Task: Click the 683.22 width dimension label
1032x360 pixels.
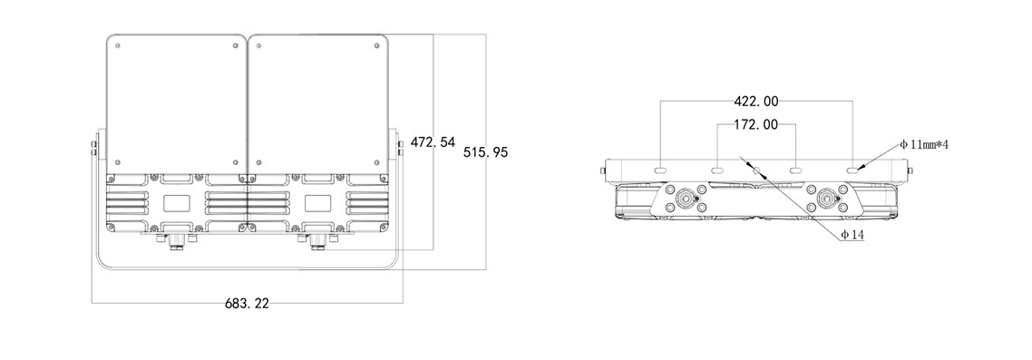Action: click(x=247, y=304)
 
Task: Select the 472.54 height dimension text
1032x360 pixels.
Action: click(x=433, y=141)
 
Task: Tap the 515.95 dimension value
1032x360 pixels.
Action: click(x=486, y=152)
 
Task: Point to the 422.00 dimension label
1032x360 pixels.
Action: click(x=756, y=102)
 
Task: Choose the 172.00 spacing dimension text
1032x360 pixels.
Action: click(x=756, y=124)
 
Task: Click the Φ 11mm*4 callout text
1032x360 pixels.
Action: click(x=924, y=144)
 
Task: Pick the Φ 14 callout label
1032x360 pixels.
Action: click(x=852, y=235)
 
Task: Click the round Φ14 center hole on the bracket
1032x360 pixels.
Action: click(x=757, y=170)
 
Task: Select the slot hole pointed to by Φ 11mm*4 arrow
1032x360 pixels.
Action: click(x=853, y=170)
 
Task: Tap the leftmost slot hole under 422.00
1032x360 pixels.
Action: click(x=660, y=170)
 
